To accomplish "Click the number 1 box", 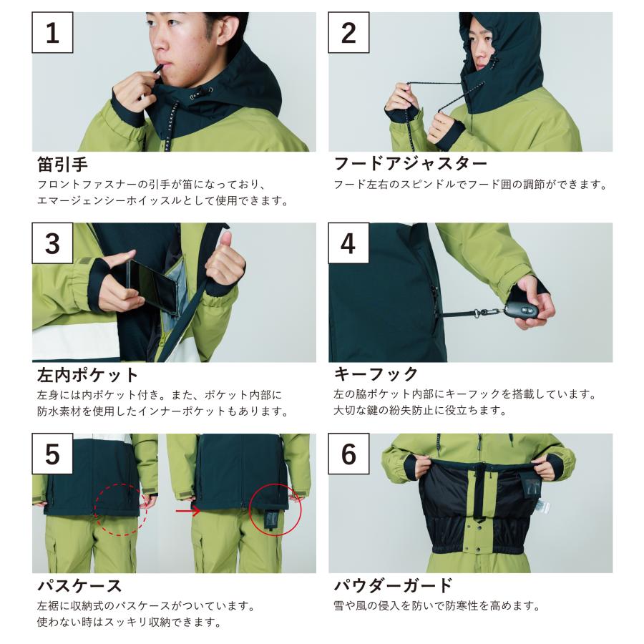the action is (x=52, y=32).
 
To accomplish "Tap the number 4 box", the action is (x=348, y=243).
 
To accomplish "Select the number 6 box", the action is (x=348, y=454).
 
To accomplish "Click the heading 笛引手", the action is (x=62, y=164).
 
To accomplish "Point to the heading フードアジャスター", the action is (x=410, y=163).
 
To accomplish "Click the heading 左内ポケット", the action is (x=88, y=374).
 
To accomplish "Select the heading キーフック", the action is (x=376, y=374).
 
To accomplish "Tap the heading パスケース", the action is (x=79, y=585).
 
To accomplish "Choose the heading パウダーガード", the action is (x=393, y=585).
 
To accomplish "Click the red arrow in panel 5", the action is (x=188, y=511).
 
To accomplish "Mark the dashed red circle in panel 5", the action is (x=121, y=484).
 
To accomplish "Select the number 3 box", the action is (x=52, y=243).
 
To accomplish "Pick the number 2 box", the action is (x=348, y=32).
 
